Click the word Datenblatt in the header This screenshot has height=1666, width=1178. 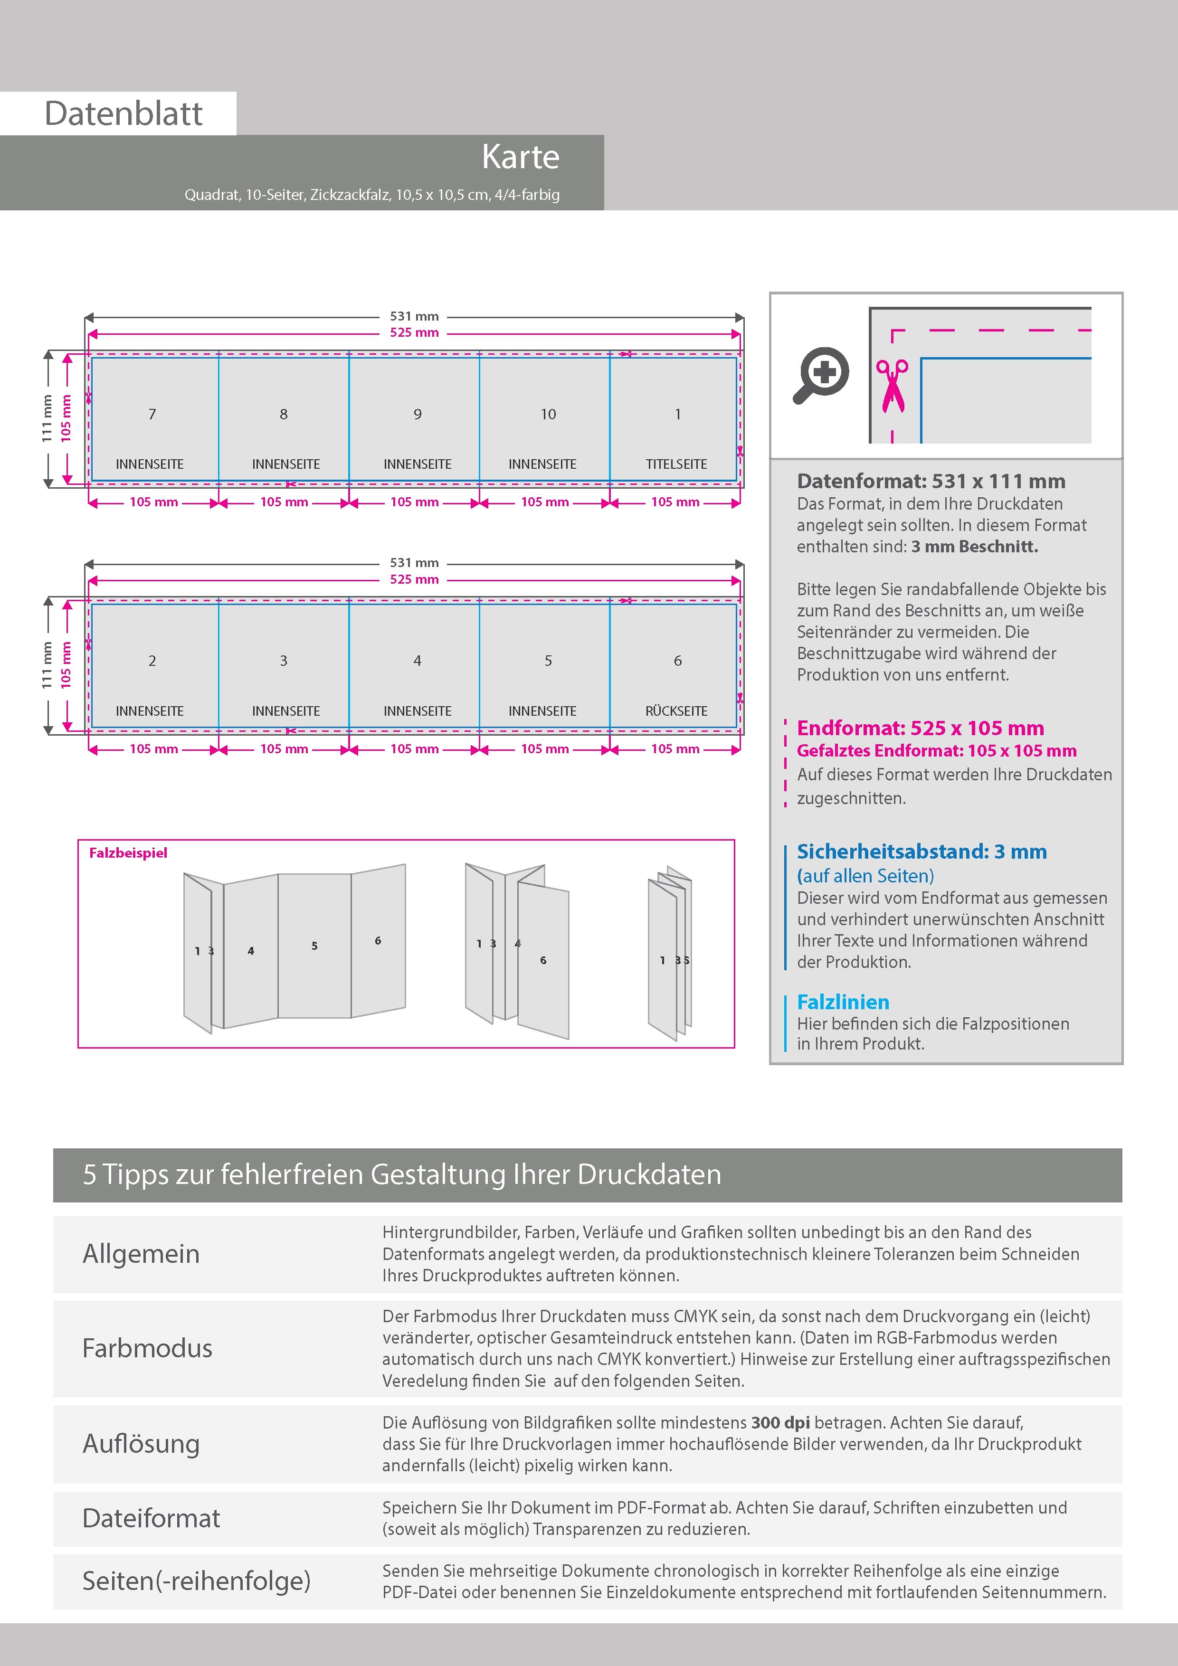pos(123,114)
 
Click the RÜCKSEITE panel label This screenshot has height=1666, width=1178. pos(676,711)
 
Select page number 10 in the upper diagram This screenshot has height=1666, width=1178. pos(548,414)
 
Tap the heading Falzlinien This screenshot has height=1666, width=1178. pos(843,1002)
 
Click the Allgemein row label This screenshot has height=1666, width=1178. pos(141,1254)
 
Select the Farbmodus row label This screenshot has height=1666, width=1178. pos(147,1348)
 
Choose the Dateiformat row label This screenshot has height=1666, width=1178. pos(151,1518)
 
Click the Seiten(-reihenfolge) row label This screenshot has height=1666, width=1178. pos(196,1581)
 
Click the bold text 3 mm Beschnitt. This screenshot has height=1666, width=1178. pos(975,546)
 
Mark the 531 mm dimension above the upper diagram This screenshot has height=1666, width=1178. pos(415,316)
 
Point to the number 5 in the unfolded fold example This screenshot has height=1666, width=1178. pos(314,946)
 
